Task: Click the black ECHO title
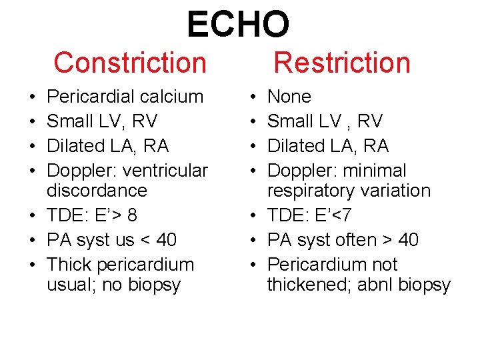[x=238, y=24]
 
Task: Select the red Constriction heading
[x=130, y=63]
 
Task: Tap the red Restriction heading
[x=342, y=63]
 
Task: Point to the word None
[x=289, y=97]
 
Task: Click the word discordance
[x=97, y=191]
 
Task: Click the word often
[x=360, y=240]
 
